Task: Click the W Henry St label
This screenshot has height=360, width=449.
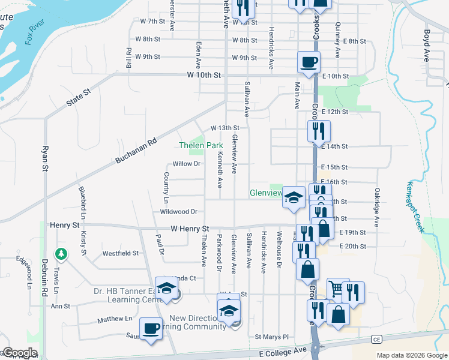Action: [189, 229]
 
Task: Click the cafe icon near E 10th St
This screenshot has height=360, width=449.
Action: [309, 62]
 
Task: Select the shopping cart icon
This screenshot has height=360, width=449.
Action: [337, 288]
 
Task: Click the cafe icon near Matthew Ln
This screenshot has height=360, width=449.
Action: [150, 328]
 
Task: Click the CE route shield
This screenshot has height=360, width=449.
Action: [376, 339]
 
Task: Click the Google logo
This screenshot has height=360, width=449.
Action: [20, 353]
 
